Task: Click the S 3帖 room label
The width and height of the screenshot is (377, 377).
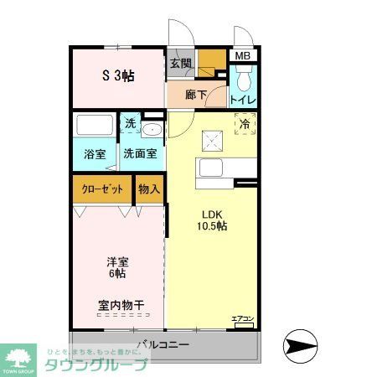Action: tap(119, 75)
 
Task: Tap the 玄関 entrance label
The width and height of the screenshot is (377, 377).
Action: tap(180, 63)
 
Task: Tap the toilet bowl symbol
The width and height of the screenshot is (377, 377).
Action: tap(243, 80)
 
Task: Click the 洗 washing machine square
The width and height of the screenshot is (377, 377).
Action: tap(130, 124)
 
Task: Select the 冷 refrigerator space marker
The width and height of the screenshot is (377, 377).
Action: tap(245, 125)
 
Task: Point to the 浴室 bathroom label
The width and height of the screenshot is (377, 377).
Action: tap(94, 154)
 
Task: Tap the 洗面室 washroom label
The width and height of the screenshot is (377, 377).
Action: tap(140, 154)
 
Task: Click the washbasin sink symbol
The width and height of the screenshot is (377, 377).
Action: tap(152, 129)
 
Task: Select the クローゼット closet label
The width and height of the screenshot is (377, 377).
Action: tap(102, 189)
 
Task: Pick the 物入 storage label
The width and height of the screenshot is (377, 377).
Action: tap(149, 189)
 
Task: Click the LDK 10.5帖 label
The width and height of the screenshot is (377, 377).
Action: tap(212, 219)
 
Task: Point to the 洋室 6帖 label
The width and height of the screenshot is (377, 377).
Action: tap(116, 266)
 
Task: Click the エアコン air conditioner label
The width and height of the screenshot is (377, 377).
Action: tap(241, 318)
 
